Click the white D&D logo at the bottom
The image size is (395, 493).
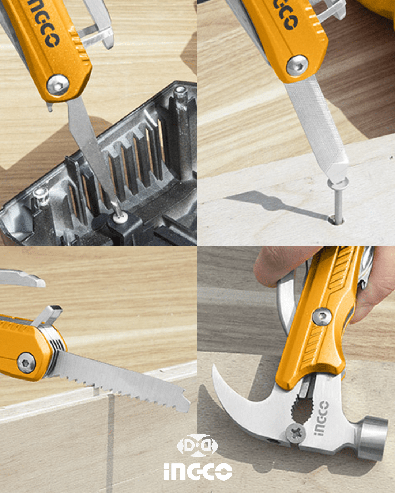tap(197, 445)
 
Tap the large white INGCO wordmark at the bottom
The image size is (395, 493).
tap(198, 471)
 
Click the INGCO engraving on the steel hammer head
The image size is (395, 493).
tap(321, 418)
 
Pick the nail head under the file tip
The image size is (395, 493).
tap(338, 182)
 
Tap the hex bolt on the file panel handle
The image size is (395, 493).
tap(297, 65)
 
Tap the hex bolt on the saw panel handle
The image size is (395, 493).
tap(26, 363)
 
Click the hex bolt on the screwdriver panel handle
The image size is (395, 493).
tap(58, 85)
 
